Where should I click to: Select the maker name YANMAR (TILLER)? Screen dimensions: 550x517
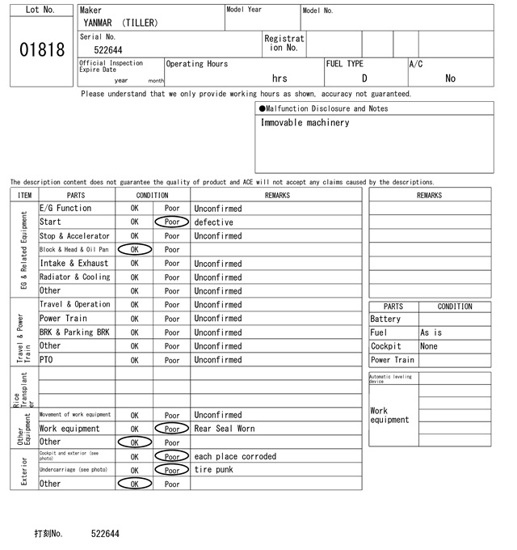pos(120,23)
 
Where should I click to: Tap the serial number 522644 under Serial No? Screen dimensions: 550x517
pos(108,50)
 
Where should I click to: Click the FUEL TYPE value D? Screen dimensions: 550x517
pos(364,78)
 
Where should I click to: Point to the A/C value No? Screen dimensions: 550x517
pos(450,78)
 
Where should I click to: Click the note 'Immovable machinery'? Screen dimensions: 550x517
pos(305,123)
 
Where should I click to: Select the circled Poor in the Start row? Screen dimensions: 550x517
pos(172,222)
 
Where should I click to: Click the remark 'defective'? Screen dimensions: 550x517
pos(213,222)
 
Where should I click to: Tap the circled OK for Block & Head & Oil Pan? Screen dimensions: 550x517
pos(134,250)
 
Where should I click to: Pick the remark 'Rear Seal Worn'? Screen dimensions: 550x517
pos(224,429)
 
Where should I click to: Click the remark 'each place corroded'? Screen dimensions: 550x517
pos(235,456)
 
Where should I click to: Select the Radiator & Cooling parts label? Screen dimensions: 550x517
pos(74,277)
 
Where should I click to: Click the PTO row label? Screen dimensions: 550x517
pos(47,360)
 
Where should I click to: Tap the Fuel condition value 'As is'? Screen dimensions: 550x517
pos(431,332)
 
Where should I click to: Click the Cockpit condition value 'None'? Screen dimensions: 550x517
pos(429,346)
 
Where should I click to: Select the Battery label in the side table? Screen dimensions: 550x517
pos(385,319)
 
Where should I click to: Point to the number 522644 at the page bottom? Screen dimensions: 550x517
pos(105,534)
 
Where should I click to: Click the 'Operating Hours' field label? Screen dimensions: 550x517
pos(197,64)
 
